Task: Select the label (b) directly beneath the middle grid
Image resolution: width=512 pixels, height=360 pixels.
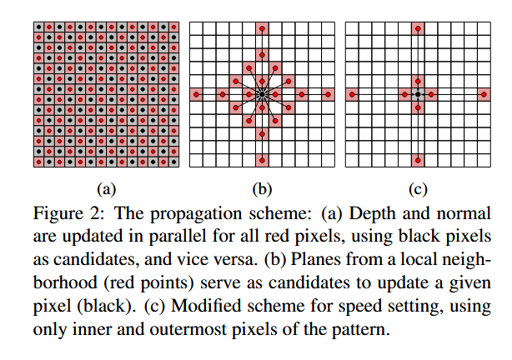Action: tap(261, 187)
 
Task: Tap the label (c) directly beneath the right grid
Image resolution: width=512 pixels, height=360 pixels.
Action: tap(417, 187)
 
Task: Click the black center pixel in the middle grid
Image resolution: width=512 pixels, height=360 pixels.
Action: tap(262, 95)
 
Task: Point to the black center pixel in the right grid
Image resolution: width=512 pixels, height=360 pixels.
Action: tap(418, 95)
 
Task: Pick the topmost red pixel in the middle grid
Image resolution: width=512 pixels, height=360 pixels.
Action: tap(262, 29)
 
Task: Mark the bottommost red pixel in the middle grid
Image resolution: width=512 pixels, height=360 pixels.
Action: tap(262, 160)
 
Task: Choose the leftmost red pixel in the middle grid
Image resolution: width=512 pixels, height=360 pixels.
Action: tap(196, 95)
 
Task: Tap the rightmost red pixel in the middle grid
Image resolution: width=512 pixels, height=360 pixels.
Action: tap(328, 95)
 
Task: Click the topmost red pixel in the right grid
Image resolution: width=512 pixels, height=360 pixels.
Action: tap(418, 29)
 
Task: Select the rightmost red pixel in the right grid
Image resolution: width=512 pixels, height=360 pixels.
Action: tap(484, 95)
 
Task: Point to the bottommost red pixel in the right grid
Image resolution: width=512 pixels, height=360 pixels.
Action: tap(418, 160)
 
